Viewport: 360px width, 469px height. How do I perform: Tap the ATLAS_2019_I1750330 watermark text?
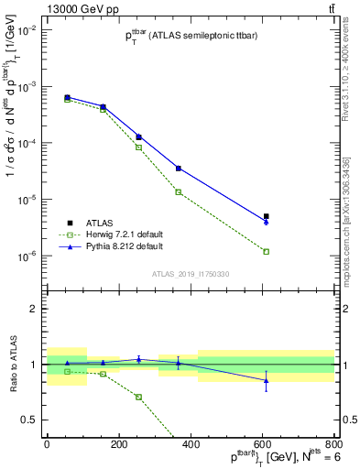[x=190, y=274]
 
